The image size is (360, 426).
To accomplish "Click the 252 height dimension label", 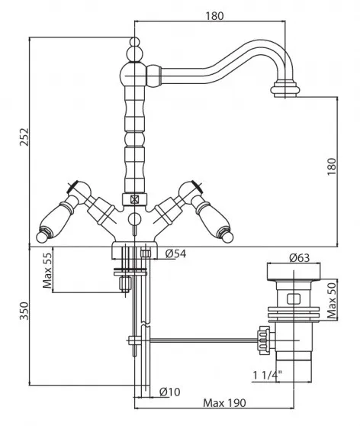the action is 24,137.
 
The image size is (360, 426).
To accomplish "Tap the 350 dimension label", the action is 24,311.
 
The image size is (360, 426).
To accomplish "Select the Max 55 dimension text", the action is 47,270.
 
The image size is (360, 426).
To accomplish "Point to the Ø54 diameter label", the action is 175,253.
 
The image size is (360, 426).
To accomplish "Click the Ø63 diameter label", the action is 299,257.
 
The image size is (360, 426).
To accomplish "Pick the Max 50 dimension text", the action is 332,300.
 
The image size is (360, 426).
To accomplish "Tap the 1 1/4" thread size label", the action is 268,376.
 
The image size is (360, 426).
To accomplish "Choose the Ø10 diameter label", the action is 169,392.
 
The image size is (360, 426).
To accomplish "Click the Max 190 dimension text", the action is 224,403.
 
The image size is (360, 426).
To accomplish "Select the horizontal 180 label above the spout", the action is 214,16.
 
